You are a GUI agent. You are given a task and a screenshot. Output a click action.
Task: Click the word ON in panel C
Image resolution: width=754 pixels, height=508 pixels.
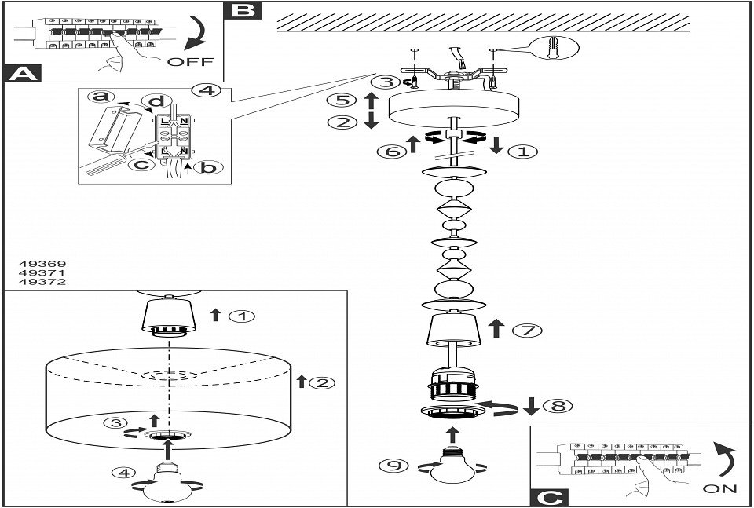719,488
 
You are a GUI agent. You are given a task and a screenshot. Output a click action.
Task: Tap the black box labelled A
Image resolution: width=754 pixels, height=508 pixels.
23,74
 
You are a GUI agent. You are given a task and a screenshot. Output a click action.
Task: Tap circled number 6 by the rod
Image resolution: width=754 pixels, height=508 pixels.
393,151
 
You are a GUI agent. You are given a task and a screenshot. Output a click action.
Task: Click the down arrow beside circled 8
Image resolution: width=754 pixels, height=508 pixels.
531,406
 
